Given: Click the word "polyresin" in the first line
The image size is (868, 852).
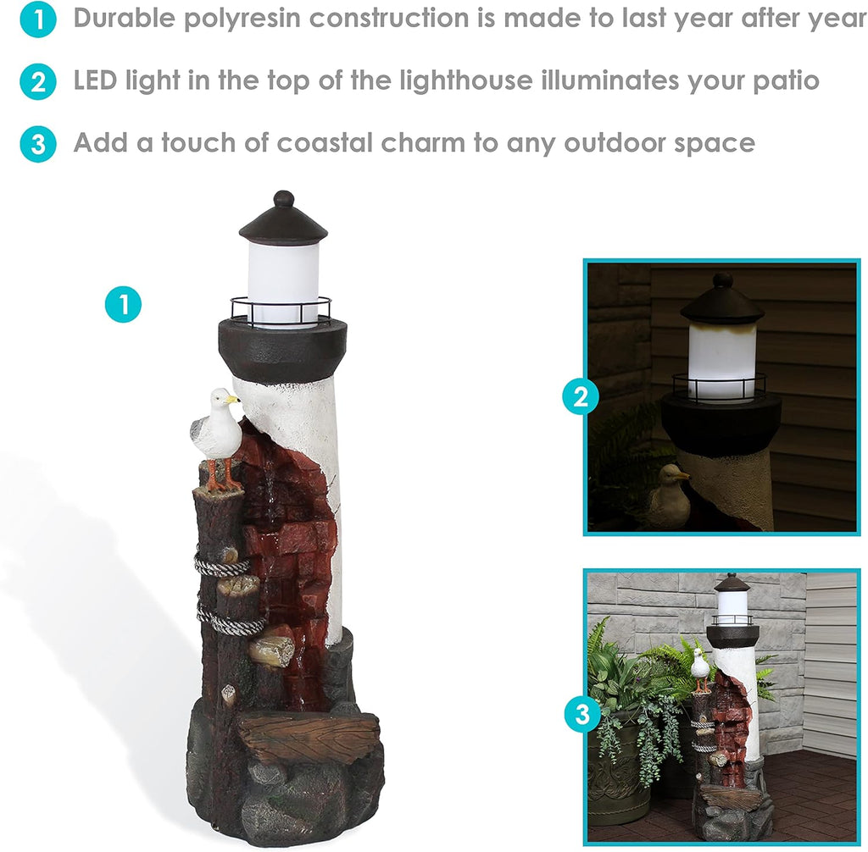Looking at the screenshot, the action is (242, 19).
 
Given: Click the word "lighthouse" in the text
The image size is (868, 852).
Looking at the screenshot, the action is (465, 80).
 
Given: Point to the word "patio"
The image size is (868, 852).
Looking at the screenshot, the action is (786, 81).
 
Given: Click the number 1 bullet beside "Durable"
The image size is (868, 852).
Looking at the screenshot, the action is (37, 19).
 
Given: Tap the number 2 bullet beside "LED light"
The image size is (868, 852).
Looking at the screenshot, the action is (37, 82).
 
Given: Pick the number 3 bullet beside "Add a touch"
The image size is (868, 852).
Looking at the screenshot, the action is (37, 144).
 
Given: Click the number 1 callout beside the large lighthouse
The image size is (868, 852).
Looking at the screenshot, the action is (124, 304).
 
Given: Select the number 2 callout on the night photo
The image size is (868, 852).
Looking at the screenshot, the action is (581, 396).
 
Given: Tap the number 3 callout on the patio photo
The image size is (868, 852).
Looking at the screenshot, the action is (583, 714).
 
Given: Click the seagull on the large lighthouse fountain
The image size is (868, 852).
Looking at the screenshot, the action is (218, 439).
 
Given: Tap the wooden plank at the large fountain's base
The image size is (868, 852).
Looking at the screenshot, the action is (309, 736).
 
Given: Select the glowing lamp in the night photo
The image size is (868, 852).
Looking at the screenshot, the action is (721, 361).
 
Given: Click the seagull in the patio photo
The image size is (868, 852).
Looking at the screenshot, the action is (700, 669).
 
